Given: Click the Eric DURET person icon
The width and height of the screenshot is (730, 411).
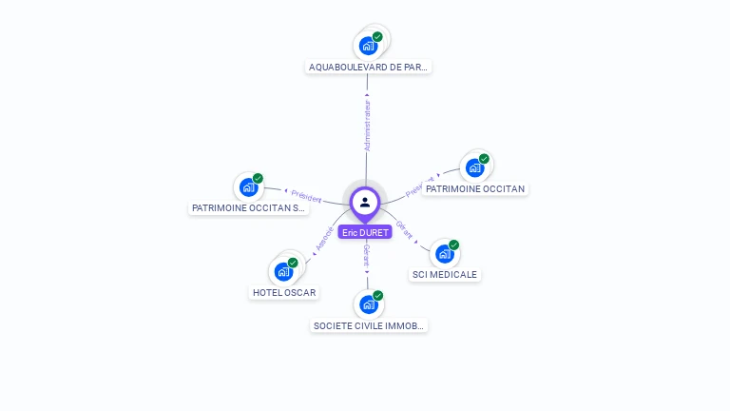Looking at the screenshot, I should [365, 202].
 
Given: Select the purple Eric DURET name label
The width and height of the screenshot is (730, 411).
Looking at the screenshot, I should [365, 232].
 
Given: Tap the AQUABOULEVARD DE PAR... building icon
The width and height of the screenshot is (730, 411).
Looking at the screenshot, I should [368, 46].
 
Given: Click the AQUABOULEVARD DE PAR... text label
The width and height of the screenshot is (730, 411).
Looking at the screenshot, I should [370, 68].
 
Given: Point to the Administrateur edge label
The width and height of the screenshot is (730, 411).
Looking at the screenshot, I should [368, 127].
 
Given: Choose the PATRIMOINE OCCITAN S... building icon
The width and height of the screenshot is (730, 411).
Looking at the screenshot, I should [249, 187].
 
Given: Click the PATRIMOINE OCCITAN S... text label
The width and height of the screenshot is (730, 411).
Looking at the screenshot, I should [249, 207].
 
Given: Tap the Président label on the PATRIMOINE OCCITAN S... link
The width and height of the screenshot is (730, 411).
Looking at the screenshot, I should [306, 197].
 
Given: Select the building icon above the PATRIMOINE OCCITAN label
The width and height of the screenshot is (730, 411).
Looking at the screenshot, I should [474, 168].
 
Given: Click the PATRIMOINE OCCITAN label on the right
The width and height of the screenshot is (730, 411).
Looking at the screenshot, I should [475, 189].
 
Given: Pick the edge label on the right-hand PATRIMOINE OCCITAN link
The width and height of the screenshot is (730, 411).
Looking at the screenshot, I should [419, 186].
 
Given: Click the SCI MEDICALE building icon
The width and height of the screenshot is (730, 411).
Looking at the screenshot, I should [444, 254].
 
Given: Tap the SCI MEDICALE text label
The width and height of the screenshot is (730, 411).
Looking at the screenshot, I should [445, 275].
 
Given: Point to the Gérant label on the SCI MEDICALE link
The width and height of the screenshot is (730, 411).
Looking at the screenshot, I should [404, 230].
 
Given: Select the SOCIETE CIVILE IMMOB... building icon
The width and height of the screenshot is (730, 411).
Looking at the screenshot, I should [368, 304].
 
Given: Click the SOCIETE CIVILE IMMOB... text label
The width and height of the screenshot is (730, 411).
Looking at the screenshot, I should [370, 325].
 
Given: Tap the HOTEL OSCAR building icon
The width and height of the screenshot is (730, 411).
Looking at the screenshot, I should [283, 271].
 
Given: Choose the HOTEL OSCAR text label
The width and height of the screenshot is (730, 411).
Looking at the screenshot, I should [284, 293].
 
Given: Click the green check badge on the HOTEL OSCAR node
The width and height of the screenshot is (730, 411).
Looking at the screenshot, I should [293, 263].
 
